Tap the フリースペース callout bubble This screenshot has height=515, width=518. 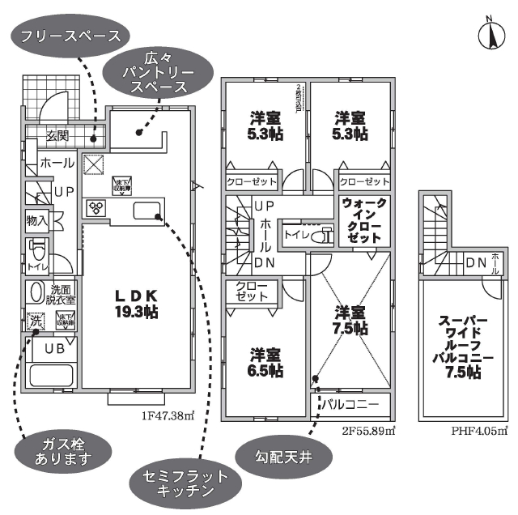pos(72,36)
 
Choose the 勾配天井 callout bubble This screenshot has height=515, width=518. pos(273,458)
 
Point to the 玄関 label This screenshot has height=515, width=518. pos(57,134)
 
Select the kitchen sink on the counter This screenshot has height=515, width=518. pos(145,212)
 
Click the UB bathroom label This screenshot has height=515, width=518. pos(55,348)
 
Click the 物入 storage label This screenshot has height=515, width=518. pos(36,219)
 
